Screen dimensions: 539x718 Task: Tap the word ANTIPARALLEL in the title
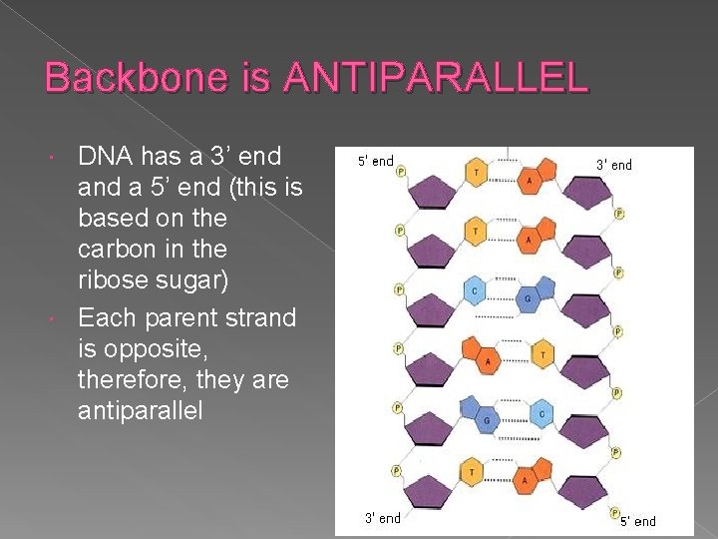pos(435,78)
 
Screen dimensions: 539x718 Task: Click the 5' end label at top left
pos(376,162)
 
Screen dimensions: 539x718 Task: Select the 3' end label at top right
pos(613,165)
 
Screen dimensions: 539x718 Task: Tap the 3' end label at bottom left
pos(382,518)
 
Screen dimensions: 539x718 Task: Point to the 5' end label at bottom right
pos(638,521)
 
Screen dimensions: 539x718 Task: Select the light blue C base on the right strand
pos(540,413)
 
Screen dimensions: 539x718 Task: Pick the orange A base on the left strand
pos(488,359)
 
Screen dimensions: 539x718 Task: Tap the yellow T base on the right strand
pos(541,353)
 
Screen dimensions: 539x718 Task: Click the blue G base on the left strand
pos(487,421)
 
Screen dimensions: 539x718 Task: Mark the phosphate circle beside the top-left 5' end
pos(401,171)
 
